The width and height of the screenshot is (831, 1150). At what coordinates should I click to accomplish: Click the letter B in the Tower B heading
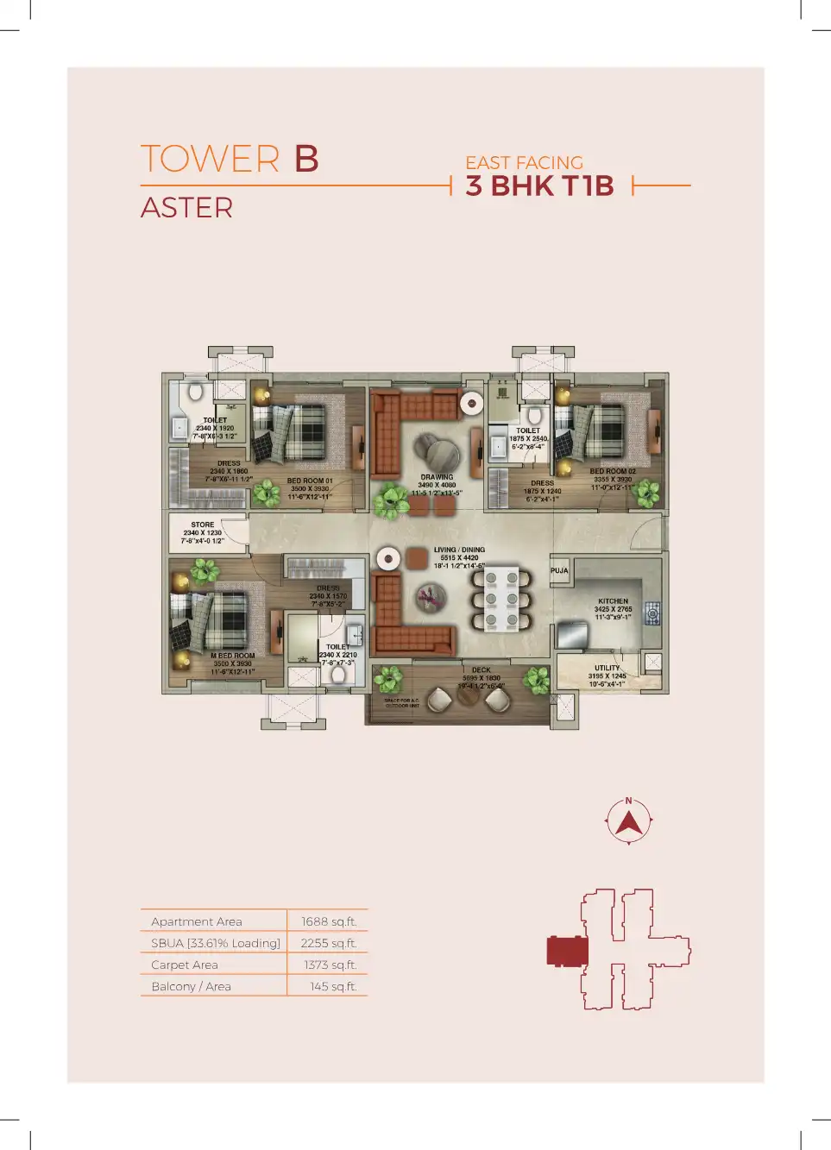coord(306,159)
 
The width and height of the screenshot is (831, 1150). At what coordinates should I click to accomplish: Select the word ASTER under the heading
coord(186,208)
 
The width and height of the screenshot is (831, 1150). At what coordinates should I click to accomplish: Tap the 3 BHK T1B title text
coord(539,185)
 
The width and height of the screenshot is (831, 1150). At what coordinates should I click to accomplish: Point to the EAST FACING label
coord(524,162)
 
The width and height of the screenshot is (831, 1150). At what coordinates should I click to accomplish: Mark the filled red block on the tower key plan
coord(568,952)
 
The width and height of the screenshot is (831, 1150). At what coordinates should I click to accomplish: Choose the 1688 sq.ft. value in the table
coord(328,921)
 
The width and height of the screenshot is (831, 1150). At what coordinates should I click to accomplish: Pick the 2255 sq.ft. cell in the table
coord(328,943)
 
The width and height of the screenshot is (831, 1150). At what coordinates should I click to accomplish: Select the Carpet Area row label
coord(185,965)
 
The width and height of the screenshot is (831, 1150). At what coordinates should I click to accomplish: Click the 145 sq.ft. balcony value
coord(332,986)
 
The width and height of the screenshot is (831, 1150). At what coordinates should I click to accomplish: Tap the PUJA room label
coord(559,570)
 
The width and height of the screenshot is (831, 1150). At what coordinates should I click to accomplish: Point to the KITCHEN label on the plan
coord(613,601)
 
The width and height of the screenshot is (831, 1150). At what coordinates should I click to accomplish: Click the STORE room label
coord(203,525)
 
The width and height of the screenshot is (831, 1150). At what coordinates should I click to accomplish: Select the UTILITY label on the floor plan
coord(607,668)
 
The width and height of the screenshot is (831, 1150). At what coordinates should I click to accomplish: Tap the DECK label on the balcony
coord(481,669)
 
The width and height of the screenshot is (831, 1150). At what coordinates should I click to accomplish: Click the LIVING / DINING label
coord(459,550)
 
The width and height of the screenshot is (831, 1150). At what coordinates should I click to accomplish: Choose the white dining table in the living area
coord(501,598)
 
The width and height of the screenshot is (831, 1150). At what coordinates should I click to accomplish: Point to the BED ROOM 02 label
coord(613,471)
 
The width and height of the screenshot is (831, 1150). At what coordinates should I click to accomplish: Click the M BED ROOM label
coord(232,656)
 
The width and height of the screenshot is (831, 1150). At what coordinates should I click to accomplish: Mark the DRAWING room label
coord(437,477)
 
